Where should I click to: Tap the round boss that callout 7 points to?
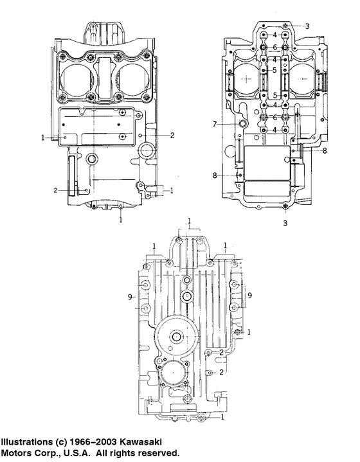coord(243,123)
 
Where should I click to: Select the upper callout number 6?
coord(274,48)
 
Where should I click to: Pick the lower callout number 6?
coord(274,118)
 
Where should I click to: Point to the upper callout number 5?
coord(274,70)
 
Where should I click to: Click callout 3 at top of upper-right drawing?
coord(307,26)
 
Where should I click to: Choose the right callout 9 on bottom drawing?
coord(250,294)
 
